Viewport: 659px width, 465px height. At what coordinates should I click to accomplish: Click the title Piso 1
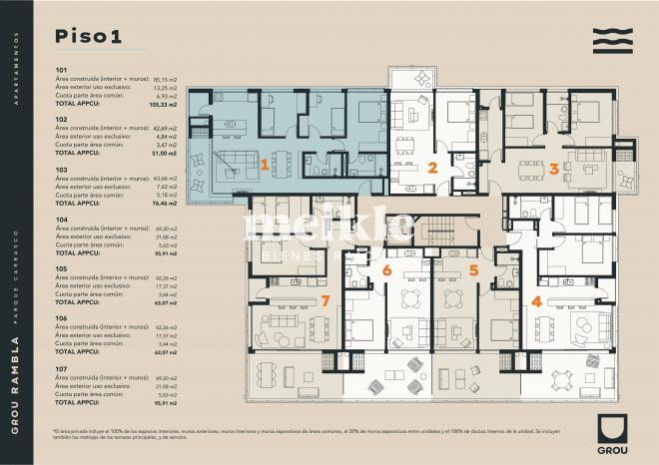click(88, 37)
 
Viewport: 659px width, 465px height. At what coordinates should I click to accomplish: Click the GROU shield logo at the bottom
click(613, 430)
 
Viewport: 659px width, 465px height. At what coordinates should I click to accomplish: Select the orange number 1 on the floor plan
click(265, 165)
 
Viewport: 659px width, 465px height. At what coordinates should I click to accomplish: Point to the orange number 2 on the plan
click(433, 168)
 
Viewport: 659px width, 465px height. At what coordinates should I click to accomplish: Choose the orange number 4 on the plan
click(536, 300)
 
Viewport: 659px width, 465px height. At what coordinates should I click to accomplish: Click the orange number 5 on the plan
click(473, 269)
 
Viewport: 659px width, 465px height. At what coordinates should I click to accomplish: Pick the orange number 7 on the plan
click(325, 300)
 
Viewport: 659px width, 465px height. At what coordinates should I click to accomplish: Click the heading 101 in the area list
click(61, 70)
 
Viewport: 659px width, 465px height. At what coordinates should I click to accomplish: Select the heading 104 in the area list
click(61, 219)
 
